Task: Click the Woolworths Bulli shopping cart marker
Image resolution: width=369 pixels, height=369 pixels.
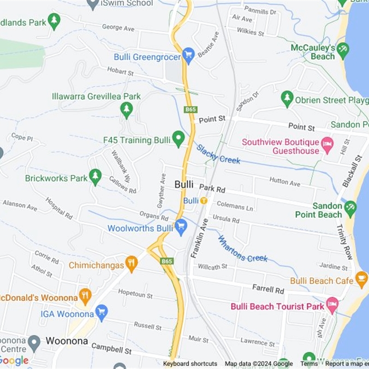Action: click(x=181, y=226)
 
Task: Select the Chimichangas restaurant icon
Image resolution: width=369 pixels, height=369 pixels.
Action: click(x=131, y=263)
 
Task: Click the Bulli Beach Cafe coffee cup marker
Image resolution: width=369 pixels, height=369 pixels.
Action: click(x=361, y=279)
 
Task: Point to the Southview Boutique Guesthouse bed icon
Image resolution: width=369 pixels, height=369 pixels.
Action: click(x=327, y=144)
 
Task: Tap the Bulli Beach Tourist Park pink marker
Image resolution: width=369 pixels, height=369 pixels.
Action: click(x=332, y=304)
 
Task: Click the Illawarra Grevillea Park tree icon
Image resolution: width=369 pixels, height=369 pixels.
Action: click(x=126, y=109)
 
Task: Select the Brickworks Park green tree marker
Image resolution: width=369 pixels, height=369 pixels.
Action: click(x=95, y=176)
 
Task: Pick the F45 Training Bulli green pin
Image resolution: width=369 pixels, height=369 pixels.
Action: click(x=178, y=138)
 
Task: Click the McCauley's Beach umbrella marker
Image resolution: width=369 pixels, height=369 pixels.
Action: click(x=343, y=50)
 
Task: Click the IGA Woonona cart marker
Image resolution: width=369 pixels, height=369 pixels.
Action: click(x=101, y=312)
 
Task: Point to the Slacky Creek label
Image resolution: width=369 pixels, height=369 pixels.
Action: click(x=218, y=154)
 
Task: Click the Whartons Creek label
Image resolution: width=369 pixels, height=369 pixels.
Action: click(x=242, y=249)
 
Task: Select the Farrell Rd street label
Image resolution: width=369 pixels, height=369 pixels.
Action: click(x=268, y=289)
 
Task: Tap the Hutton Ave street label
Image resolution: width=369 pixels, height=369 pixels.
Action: click(x=285, y=183)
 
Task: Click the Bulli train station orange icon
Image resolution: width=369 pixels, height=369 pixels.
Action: click(x=203, y=201)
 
